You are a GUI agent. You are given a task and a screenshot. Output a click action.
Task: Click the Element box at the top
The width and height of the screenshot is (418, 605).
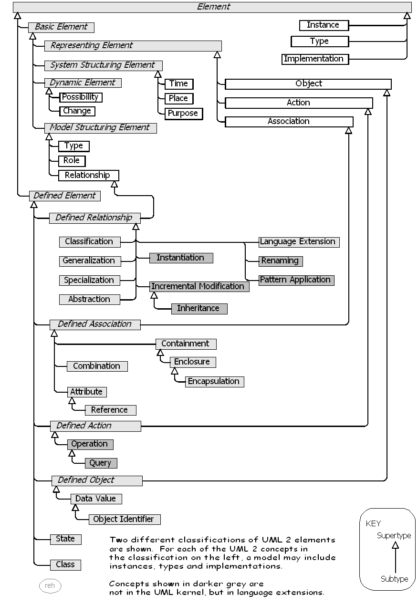[213, 7]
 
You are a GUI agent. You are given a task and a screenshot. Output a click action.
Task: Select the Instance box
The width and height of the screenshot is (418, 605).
[323, 25]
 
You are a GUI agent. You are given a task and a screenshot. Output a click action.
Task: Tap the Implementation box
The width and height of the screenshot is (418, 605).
[314, 59]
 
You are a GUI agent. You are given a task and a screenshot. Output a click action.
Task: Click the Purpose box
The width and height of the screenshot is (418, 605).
[183, 114]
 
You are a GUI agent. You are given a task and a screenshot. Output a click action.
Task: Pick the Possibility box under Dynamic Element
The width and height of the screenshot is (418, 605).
[81, 97]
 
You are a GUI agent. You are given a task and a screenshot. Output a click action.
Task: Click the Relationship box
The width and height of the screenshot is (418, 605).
[88, 175]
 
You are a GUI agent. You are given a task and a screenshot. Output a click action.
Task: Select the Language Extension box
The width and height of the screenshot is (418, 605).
[298, 241]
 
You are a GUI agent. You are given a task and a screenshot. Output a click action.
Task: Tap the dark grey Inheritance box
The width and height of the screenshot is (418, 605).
[198, 308]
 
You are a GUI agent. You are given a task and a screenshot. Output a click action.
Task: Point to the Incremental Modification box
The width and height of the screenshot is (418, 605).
[198, 286]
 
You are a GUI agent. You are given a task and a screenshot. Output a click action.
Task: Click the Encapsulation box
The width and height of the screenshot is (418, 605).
[214, 381]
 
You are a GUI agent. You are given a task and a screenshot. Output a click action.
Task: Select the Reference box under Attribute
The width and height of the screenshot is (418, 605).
[110, 410]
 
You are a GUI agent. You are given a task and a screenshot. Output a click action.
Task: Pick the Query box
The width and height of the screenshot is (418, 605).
[101, 463]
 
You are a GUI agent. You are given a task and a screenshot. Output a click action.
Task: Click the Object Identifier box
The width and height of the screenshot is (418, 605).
[124, 519]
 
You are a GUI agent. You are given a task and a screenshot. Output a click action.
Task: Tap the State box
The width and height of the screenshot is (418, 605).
[65, 539]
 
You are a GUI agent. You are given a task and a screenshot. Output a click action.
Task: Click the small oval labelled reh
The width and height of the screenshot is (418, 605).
[50, 585]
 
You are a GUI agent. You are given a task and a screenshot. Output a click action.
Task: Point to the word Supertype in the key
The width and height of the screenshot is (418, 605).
[394, 535]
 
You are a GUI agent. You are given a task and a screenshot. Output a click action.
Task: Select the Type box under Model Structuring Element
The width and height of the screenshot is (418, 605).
[73, 146]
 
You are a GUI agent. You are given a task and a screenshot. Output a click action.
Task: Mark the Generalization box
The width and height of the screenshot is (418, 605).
[89, 261]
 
